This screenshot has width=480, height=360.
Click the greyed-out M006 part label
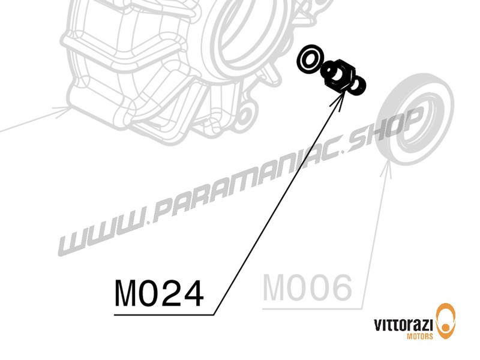coord(307,288)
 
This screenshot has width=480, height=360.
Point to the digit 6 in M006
coord(339,288)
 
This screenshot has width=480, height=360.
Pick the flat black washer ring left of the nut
coord(310,58)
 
